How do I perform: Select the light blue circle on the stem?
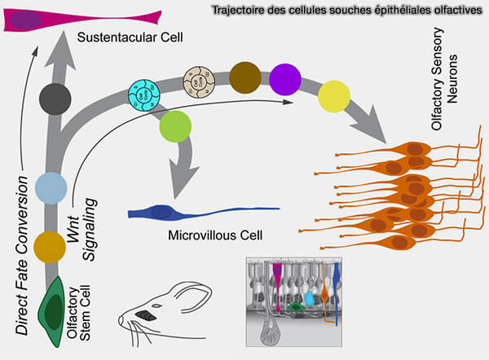click(x=51, y=186)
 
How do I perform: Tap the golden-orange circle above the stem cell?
click(x=51, y=244)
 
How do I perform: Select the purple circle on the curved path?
click(x=285, y=79)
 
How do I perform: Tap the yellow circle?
click(x=334, y=96)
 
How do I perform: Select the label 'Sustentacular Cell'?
click(x=129, y=38)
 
